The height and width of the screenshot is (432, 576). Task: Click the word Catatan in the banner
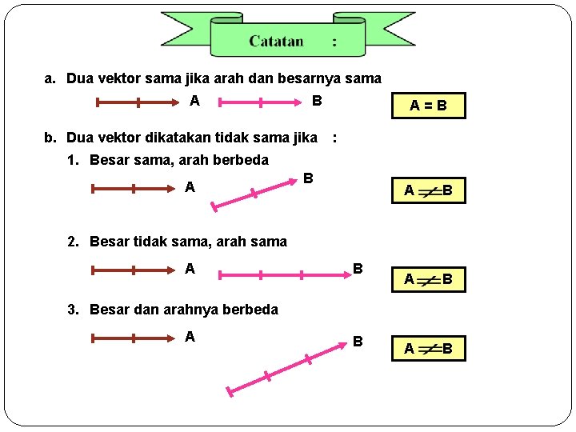pos(276,41)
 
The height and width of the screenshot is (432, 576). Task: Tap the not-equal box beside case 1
pos(428,190)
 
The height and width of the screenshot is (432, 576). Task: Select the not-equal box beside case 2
pos(428,279)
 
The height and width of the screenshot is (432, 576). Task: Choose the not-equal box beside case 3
pos(428,348)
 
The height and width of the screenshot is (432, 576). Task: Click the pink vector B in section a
pos(260,102)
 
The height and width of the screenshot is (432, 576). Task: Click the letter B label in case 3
pos(358,342)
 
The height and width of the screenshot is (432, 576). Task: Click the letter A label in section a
pos(194,101)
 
